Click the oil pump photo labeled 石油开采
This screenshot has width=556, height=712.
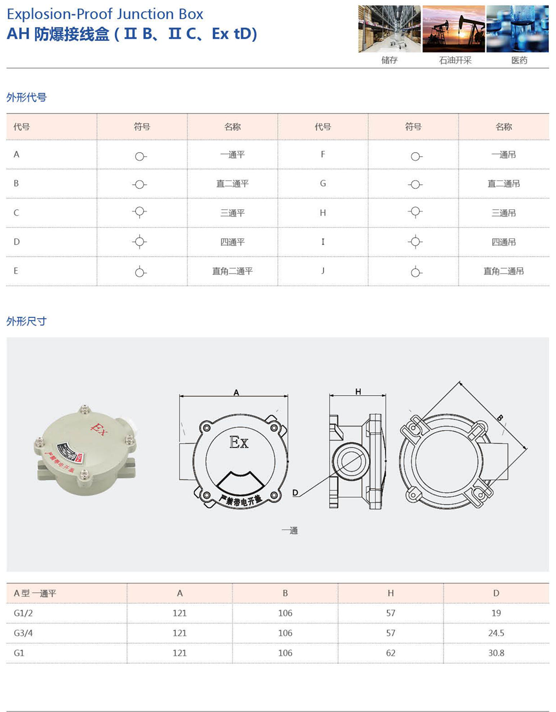453,29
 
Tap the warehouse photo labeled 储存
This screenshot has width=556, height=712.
389,29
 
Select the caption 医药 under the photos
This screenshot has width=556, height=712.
519,60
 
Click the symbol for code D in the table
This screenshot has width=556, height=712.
140,242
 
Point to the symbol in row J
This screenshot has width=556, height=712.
415,272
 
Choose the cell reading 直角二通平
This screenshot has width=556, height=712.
233,271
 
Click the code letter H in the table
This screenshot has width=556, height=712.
322,213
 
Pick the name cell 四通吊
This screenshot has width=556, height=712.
503,242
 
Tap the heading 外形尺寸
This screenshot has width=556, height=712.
26,321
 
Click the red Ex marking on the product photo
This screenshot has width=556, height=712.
99,429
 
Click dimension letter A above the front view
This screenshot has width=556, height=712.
236,393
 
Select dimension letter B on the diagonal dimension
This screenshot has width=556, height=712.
500,418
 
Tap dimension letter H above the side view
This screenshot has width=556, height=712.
358,392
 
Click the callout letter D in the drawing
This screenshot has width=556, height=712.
295,493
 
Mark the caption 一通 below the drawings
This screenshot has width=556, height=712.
290,530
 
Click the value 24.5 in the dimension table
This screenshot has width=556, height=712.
496,633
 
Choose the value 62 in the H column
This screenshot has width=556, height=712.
390,653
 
